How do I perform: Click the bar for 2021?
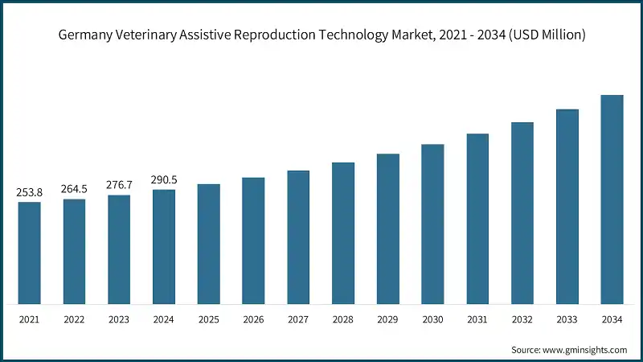coord(30,253)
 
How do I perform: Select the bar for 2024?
coord(164,247)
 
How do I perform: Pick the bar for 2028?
coord(343,233)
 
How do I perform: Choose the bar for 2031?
coord(477,219)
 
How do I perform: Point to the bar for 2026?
coord(253,241)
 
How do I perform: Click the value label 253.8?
coord(30,192)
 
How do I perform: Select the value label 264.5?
coord(74,190)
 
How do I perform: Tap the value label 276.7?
coord(119,186)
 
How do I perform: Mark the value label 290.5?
coord(164,180)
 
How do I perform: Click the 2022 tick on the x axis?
coord(74,320)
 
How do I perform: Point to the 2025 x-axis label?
coord(209,320)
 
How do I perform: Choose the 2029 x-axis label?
coord(388,320)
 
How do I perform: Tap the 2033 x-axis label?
coord(567,320)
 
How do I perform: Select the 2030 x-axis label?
coord(433,320)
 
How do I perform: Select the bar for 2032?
coord(522,213)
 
